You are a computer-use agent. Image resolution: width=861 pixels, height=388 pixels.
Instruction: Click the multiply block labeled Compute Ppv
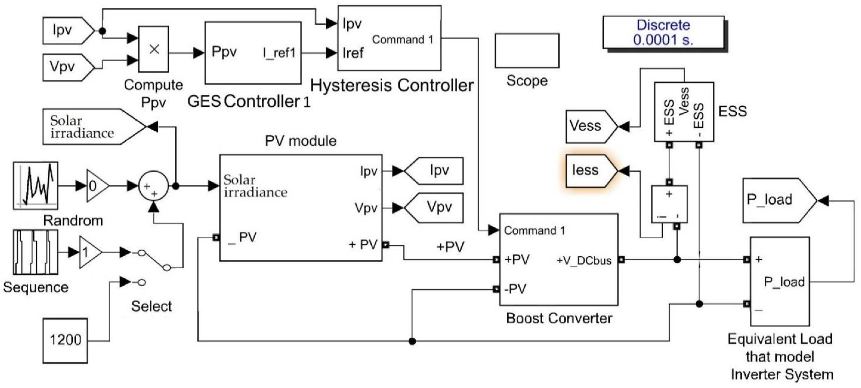[153, 49]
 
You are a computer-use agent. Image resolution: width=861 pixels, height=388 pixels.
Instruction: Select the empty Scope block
[527, 51]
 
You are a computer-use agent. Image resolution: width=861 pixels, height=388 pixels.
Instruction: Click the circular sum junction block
[153, 186]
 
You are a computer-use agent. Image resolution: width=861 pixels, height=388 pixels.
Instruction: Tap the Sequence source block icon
[36, 252]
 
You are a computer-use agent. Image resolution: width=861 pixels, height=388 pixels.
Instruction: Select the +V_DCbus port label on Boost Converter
[584, 260]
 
